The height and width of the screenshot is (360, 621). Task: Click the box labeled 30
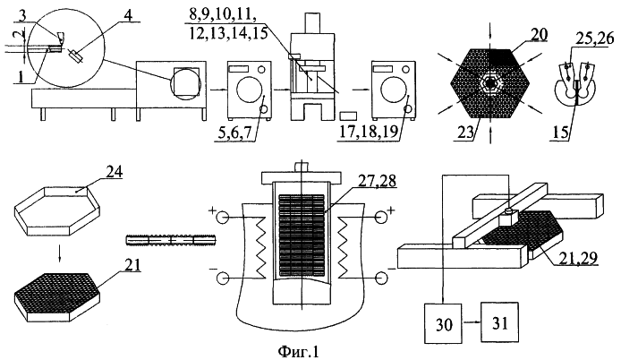(443, 323)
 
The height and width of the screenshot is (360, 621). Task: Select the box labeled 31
(499, 322)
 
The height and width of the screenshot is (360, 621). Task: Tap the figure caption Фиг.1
(298, 352)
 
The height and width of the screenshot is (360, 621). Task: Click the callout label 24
(114, 173)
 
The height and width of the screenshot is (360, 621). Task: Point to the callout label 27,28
(378, 180)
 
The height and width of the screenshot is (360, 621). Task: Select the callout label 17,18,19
(367, 132)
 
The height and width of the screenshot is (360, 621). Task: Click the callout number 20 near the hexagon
(540, 35)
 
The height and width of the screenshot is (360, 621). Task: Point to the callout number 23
(467, 132)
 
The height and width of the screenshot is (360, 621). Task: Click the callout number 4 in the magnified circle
(129, 15)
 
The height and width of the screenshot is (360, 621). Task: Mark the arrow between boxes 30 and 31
(472, 323)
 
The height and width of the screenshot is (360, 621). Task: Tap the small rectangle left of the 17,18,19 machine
(348, 116)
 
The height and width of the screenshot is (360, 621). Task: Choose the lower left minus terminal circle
(222, 279)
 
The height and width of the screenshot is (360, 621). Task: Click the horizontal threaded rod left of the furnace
(170, 240)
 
